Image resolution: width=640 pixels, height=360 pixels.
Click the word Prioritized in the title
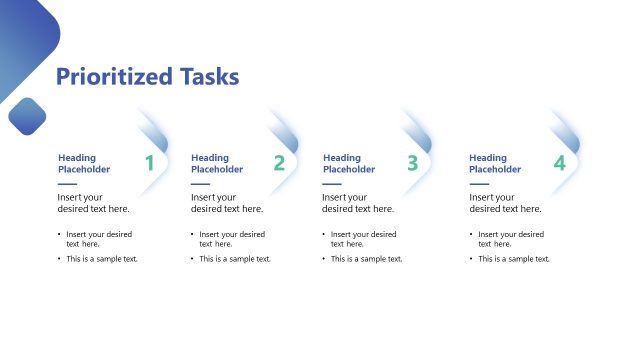(x=114, y=77)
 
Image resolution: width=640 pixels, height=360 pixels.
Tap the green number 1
(x=149, y=163)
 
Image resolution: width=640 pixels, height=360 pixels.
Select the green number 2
(x=279, y=163)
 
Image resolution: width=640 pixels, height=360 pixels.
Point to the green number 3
(x=412, y=163)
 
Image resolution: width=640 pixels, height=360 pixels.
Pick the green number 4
(x=559, y=163)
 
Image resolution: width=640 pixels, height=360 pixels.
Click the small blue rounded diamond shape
(x=27, y=116)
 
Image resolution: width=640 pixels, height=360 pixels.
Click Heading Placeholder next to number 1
(x=84, y=163)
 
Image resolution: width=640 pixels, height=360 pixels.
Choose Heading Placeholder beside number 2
(x=217, y=163)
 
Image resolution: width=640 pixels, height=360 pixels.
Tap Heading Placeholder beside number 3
(x=348, y=163)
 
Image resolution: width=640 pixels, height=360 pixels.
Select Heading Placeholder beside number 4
(x=496, y=163)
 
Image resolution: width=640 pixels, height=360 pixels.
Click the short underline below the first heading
(x=67, y=184)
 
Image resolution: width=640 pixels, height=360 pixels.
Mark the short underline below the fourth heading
(x=479, y=184)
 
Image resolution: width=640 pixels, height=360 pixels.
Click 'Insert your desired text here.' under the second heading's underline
(x=227, y=203)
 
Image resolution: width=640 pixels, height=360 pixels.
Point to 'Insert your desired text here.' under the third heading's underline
(x=358, y=203)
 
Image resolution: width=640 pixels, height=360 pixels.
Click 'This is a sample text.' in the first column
(x=102, y=259)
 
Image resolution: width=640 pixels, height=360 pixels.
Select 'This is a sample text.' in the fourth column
(x=514, y=259)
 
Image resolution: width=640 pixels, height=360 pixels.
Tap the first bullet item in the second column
(x=231, y=238)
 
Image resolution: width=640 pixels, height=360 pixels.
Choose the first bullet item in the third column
(x=363, y=238)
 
